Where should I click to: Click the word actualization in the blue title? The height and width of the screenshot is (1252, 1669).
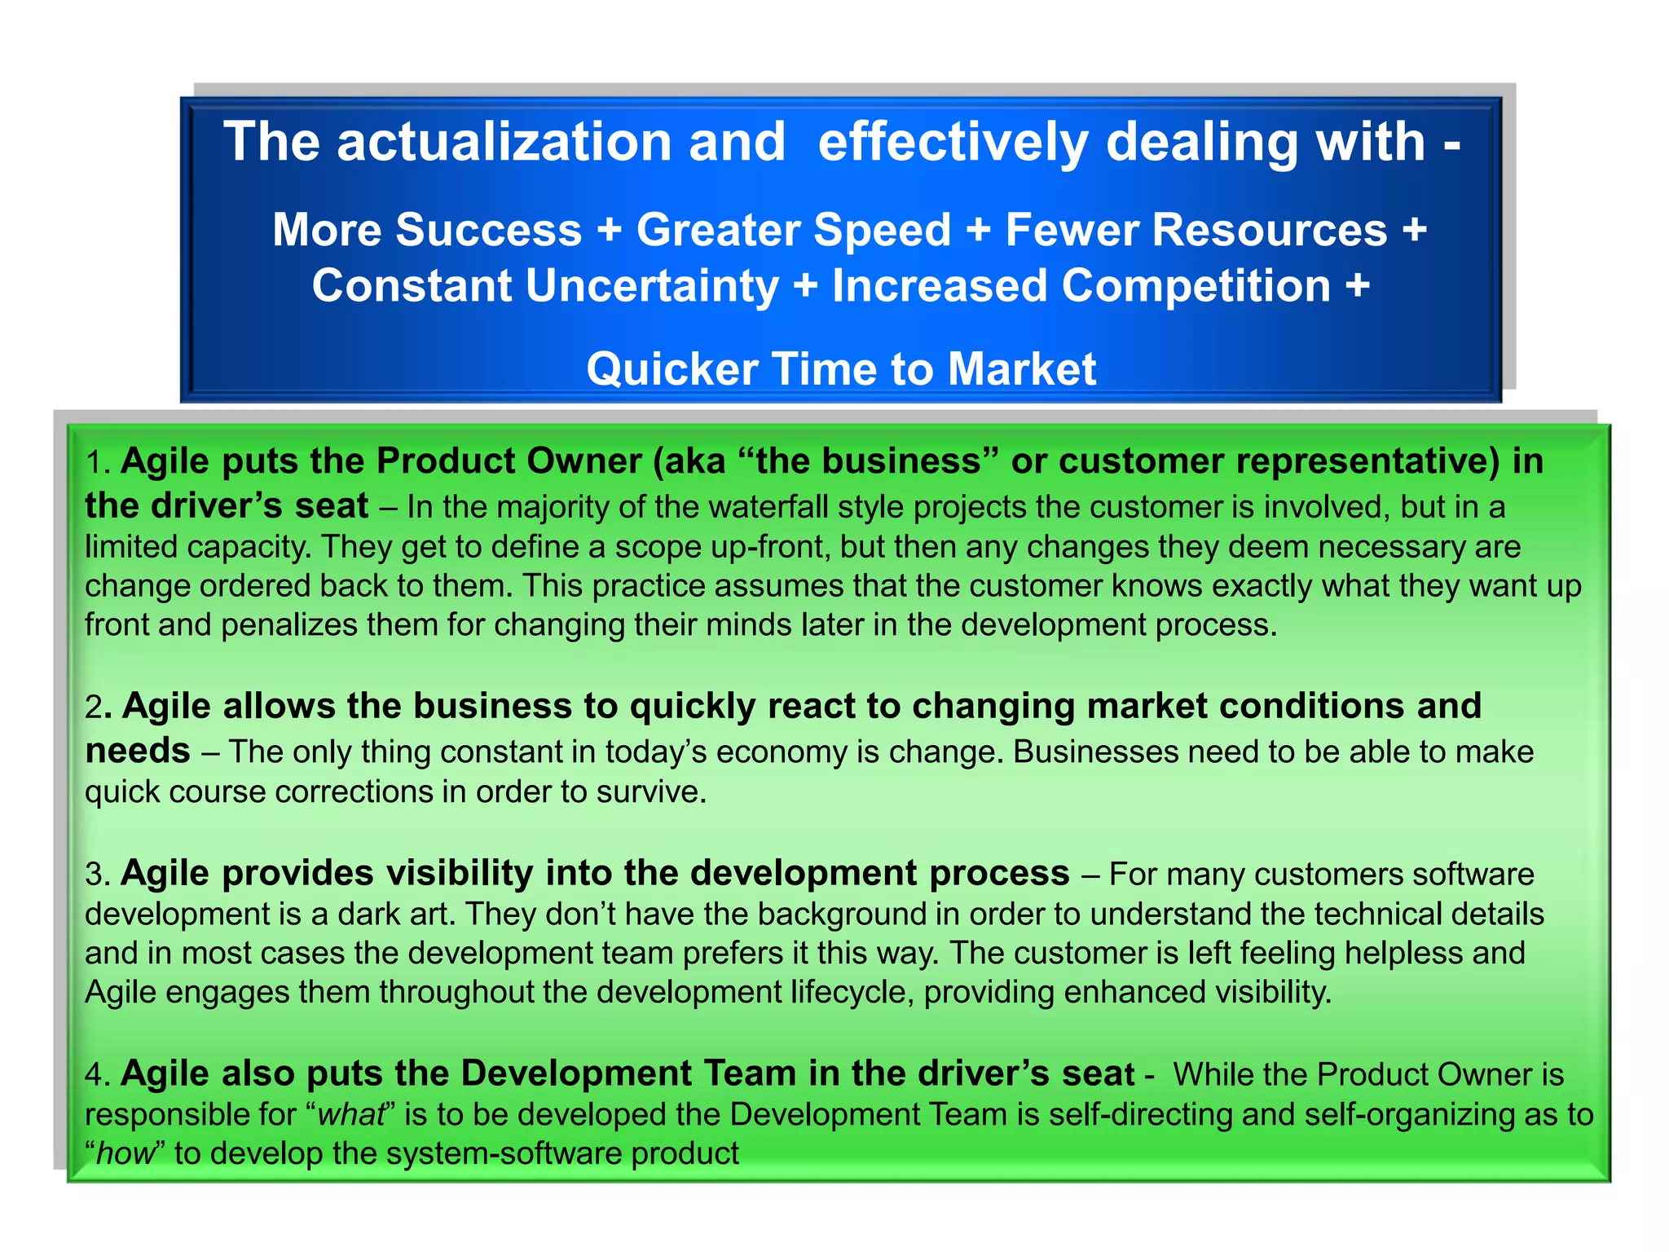coord(504,143)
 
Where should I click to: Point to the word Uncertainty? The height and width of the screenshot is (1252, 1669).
coord(652,287)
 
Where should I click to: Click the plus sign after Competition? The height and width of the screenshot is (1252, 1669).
coord(1357,287)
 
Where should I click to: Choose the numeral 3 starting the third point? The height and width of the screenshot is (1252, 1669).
coord(94,875)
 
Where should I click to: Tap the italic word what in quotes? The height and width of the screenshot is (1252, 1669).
coord(350,1114)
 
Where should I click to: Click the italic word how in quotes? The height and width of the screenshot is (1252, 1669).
coord(125,1154)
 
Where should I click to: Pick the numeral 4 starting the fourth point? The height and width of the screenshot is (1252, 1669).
coord(94,1075)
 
